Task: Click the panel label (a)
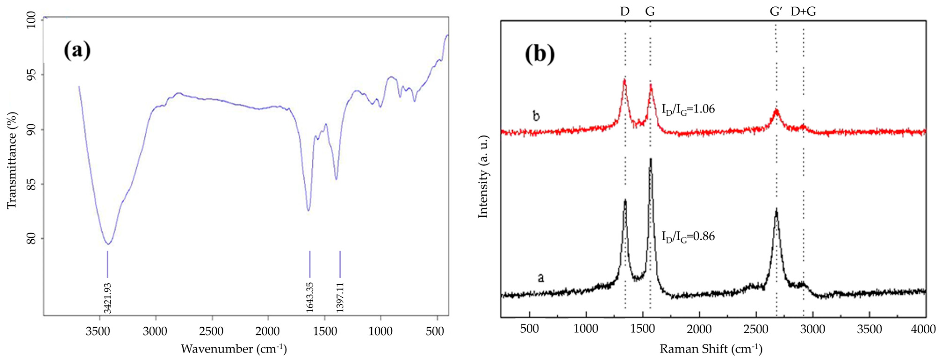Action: (x=77, y=50)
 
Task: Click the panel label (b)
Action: (x=540, y=54)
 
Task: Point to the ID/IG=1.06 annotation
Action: (x=688, y=109)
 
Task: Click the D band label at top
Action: (x=625, y=12)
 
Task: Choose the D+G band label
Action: (x=803, y=12)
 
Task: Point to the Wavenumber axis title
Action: (x=234, y=349)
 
